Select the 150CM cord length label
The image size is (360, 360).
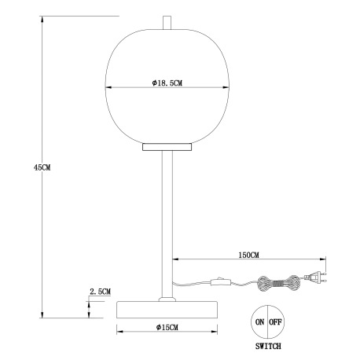[x=248, y=255]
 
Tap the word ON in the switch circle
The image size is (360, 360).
[x=259, y=321]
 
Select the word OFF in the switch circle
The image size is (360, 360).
[x=275, y=321]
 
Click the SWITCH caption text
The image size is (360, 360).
[x=267, y=346]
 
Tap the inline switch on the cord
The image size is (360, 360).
[x=219, y=281]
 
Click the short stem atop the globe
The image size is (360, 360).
[x=166, y=24]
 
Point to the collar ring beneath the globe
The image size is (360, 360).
[x=166, y=146]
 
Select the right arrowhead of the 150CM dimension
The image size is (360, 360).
[x=321, y=260]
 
